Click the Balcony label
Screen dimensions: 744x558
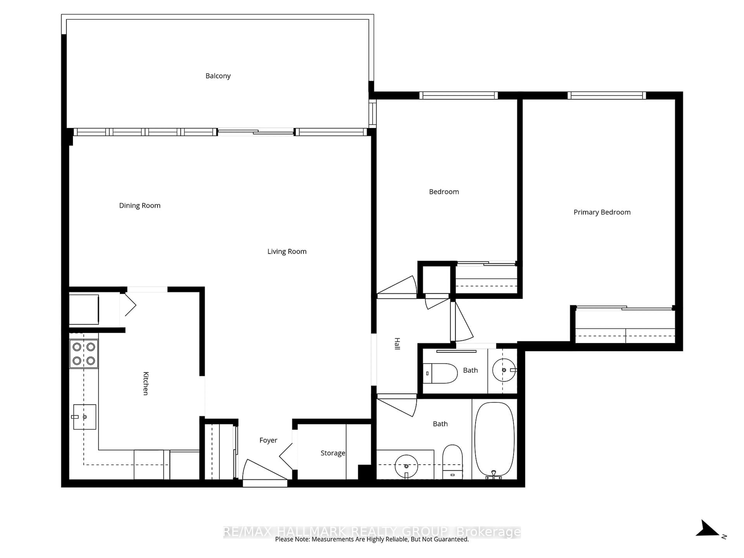pyautogui.click(x=218, y=76)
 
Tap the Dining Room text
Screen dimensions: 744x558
pyautogui.click(x=139, y=206)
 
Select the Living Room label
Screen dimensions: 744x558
pyautogui.click(x=287, y=252)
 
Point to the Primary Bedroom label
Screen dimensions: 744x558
pyautogui.click(x=602, y=212)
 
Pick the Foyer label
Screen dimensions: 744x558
pyautogui.click(x=268, y=440)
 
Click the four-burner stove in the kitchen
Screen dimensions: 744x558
pyautogui.click(x=84, y=354)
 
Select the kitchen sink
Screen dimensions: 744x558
pyautogui.click(x=84, y=417)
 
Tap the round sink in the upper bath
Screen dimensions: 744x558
pyautogui.click(x=504, y=370)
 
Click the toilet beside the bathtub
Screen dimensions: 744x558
pyautogui.click(x=452, y=462)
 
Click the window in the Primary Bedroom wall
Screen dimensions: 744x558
pyautogui.click(x=607, y=96)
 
